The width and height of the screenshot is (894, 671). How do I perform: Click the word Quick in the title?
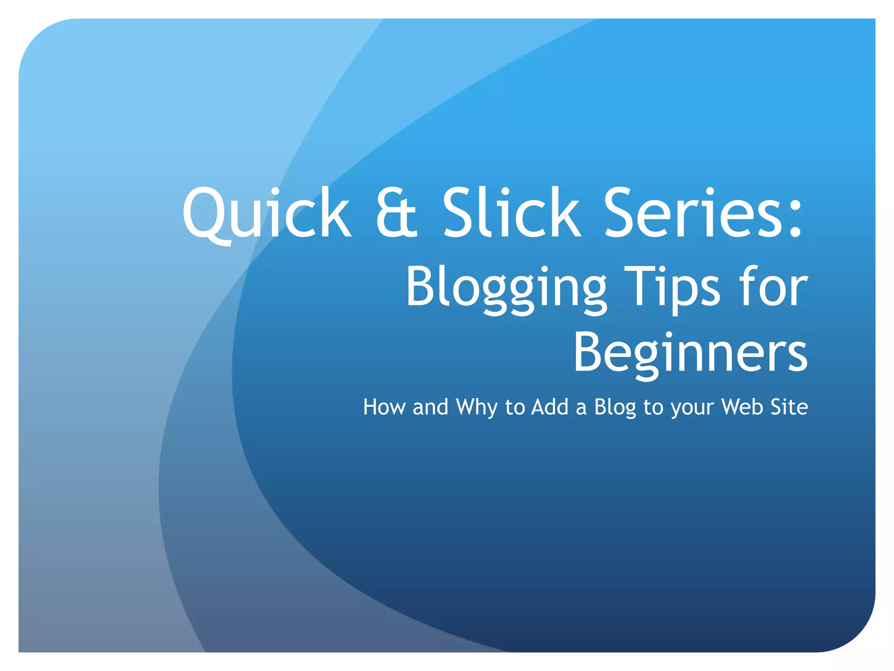coord(266,213)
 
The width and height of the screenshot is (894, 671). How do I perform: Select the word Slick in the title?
coord(512,213)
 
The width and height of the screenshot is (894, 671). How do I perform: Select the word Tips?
coord(672,288)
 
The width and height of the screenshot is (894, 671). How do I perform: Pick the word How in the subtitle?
coord(384,407)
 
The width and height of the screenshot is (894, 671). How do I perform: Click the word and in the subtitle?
coord(430,407)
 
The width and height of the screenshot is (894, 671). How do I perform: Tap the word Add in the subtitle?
coord(550,407)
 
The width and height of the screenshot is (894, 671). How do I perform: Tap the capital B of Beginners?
coord(589,352)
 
